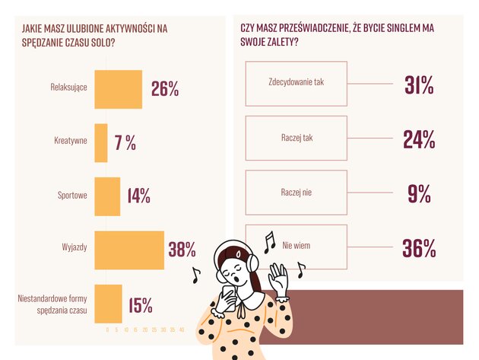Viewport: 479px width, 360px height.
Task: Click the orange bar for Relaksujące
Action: click(118, 89)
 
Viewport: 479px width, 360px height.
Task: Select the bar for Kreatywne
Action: click(100, 142)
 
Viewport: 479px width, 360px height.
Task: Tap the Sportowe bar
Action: click(107, 196)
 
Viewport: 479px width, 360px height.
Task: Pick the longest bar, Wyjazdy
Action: click(128, 249)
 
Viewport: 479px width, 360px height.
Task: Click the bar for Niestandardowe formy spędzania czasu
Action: click(108, 303)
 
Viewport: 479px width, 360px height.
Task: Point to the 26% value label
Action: click(165, 89)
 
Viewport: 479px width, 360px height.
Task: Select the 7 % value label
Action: click(125, 142)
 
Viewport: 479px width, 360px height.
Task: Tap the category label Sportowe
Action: click(73, 196)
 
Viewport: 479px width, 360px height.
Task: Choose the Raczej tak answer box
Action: click(297, 139)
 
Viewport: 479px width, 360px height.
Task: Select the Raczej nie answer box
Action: click(297, 193)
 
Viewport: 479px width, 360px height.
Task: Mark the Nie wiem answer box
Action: click(297, 247)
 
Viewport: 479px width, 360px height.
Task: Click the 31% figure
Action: click(419, 85)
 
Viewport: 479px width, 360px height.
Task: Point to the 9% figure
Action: click(419, 193)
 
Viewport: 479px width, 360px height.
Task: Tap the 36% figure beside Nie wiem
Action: click(419, 247)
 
